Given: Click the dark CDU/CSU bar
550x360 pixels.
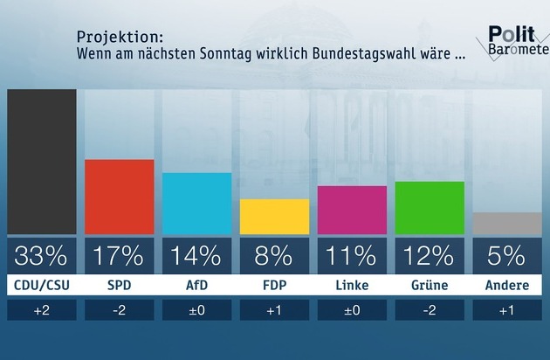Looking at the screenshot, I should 41,162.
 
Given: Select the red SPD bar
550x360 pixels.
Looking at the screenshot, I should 119,197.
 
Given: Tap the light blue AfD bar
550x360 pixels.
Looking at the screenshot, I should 196,204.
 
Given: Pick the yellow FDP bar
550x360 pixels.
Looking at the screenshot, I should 274,217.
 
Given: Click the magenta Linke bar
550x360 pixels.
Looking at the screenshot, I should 352,210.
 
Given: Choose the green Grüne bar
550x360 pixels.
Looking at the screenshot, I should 430,208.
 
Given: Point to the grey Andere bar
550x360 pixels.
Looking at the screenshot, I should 507,224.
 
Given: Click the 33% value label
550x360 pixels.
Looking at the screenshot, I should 41,256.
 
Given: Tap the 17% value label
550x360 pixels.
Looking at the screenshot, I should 119,256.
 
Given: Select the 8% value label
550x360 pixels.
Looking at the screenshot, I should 274,256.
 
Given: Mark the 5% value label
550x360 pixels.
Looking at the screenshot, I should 507,256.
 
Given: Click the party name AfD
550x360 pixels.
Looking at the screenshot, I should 196,286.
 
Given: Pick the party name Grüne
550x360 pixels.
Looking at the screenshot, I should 430,286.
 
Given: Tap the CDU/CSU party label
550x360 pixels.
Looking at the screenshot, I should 41,286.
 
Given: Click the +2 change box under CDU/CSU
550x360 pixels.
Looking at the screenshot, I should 41,310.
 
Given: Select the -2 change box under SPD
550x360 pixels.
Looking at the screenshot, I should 119,310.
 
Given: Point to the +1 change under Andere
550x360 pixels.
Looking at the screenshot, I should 507,310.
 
